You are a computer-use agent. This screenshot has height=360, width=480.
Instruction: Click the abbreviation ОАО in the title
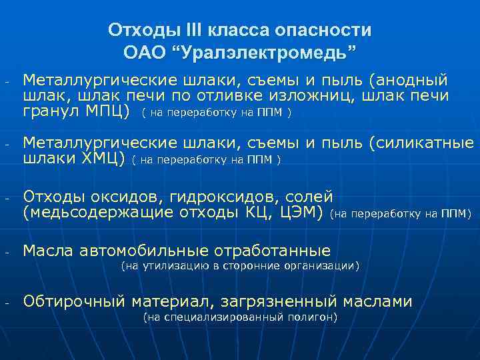point(143,52)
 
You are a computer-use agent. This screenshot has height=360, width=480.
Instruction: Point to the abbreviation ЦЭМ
point(301,213)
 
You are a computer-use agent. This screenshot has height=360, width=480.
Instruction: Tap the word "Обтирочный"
point(75,301)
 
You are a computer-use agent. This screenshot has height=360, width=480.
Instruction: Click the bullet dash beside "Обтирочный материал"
point(6,303)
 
